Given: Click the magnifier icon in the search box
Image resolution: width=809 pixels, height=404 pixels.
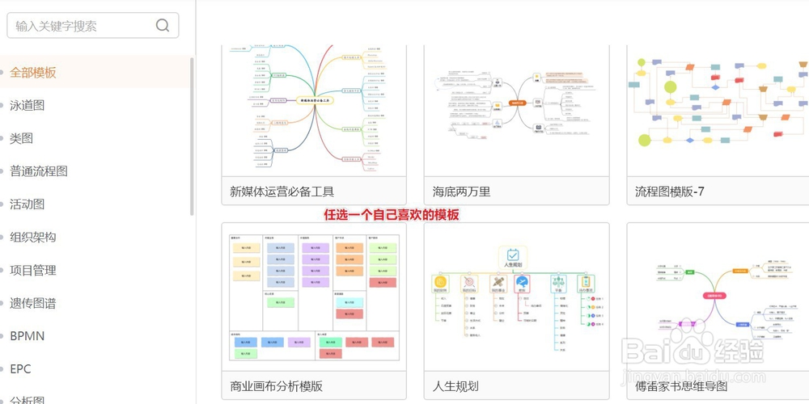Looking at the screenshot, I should pyautogui.click(x=163, y=25).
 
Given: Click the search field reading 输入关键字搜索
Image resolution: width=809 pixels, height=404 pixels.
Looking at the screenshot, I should pyautogui.click(x=81, y=26).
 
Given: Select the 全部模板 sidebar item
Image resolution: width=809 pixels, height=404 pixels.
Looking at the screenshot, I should pyautogui.click(x=33, y=73).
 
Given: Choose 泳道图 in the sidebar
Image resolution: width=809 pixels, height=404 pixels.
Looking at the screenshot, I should pyautogui.click(x=27, y=105).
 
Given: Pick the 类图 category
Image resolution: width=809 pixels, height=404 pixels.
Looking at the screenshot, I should pyautogui.click(x=21, y=138).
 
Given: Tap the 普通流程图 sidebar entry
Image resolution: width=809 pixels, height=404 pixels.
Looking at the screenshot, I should pyautogui.click(x=39, y=171).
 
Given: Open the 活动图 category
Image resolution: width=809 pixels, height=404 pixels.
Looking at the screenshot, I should pyautogui.click(x=27, y=204).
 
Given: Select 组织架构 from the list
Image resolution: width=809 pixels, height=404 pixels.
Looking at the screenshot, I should pyautogui.click(x=33, y=238).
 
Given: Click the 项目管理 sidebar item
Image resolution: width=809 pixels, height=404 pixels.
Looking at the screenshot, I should pyautogui.click(x=33, y=270).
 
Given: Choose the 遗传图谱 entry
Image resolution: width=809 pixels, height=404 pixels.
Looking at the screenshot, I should pyautogui.click(x=33, y=303).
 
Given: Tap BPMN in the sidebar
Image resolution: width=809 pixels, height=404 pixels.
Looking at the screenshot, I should pyautogui.click(x=28, y=336).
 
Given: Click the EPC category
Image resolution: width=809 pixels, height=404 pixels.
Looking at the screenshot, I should pyautogui.click(x=20, y=369).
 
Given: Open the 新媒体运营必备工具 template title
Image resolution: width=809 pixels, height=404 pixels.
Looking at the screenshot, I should pyautogui.click(x=282, y=191).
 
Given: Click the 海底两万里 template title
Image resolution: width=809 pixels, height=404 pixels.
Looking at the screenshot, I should pyautogui.click(x=461, y=191).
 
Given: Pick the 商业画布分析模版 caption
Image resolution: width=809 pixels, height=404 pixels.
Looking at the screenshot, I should pyautogui.click(x=276, y=386).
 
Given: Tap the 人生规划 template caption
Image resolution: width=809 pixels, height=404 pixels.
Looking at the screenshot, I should pyautogui.click(x=455, y=386).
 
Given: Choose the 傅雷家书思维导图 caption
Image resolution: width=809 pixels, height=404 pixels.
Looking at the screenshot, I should pyautogui.click(x=681, y=386).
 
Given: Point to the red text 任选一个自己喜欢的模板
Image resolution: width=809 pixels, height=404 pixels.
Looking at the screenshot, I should pyautogui.click(x=392, y=215).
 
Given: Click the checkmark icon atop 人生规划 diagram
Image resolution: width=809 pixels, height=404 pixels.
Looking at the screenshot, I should pyautogui.click(x=513, y=254).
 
